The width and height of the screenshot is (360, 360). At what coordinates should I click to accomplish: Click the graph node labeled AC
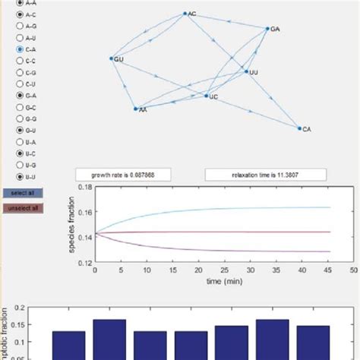[x=185, y=14]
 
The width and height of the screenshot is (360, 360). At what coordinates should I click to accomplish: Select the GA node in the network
[x=268, y=29]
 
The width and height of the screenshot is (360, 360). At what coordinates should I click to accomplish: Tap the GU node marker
[x=112, y=58]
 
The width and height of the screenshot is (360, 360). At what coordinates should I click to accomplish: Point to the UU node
[x=246, y=72]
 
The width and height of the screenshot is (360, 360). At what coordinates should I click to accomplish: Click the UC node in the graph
[x=206, y=96]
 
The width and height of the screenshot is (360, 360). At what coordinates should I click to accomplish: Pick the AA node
[x=136, y=109]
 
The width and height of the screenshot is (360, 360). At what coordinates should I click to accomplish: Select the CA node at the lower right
[x=299, y=128]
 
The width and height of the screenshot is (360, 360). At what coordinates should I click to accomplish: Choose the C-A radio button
[x=20, y=49]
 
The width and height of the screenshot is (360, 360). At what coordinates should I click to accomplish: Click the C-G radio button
[x=20, y=72]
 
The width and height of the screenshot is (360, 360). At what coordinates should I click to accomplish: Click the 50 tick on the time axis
[x=353, y=270]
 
